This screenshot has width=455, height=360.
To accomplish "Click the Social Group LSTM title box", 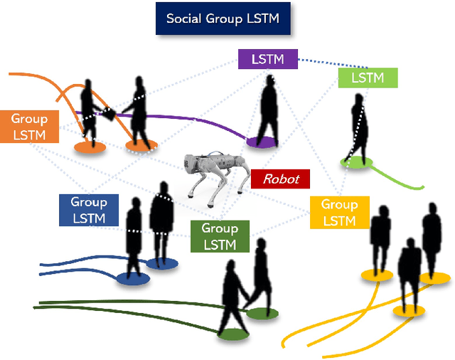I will [x=223, y=18].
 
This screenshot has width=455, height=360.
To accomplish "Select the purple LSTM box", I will [x=267, y=59].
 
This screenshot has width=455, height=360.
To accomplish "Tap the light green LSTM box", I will [x=368, y=78].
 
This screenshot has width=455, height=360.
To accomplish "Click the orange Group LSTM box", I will [x=29, y=127].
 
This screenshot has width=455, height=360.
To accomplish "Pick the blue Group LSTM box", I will [x=89, y=211].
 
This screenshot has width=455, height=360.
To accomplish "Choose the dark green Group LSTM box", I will [x=220, y=236].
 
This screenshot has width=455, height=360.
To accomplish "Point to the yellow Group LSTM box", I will [x=339, y=212].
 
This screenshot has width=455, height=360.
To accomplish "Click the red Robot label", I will [x=281, y=179].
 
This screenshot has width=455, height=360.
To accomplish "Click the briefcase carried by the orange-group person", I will [x=109, y=114].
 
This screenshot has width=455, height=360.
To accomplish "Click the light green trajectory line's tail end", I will [x=423, y=187].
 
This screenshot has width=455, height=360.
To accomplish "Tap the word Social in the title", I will [x=183, y=18].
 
